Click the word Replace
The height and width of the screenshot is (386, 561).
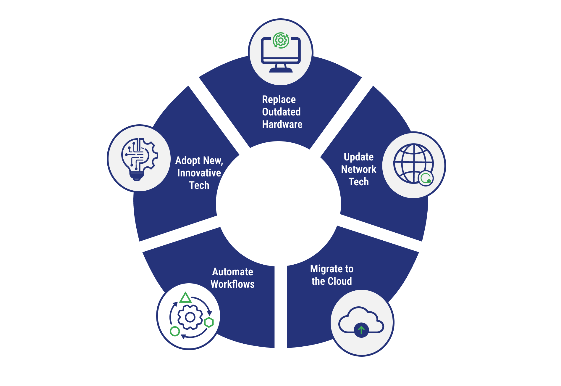[279, 99]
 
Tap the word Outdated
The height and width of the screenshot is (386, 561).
[281, 112]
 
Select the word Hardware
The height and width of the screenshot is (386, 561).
[282, 124]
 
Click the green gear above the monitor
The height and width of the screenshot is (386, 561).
[281, 40]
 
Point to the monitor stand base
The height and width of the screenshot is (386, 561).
[281, 70]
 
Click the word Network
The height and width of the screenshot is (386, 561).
[358, 169]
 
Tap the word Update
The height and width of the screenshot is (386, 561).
[358, 157]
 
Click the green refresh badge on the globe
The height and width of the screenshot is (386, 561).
[426, 178]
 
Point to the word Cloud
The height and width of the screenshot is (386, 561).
[340, 281]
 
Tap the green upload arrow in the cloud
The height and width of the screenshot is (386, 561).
[361, 329]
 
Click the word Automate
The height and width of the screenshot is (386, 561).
[232, 272]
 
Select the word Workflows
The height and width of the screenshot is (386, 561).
[232, 284]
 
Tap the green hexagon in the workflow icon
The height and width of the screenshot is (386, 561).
[209, 322]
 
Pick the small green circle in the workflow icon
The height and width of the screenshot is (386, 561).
[175, 331]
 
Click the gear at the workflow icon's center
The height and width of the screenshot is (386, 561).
[190, 317]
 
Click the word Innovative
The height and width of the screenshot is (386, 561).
[199, 173]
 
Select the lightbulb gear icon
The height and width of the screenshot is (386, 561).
[139, 159]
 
